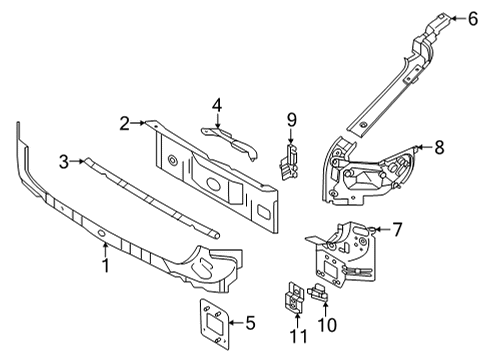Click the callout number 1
click(105, 265)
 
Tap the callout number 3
click(64, 160)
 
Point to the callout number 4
click(215, 105)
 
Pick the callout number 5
click(249, 322)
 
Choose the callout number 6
click(474, 17)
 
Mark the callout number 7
click(396, 230)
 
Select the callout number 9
click(292, 120)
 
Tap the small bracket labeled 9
click(290, 162)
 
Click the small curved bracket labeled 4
click(228, 137)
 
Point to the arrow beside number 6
click(457, 17)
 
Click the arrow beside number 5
click(234, 322)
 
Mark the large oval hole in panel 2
click(213, 186)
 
